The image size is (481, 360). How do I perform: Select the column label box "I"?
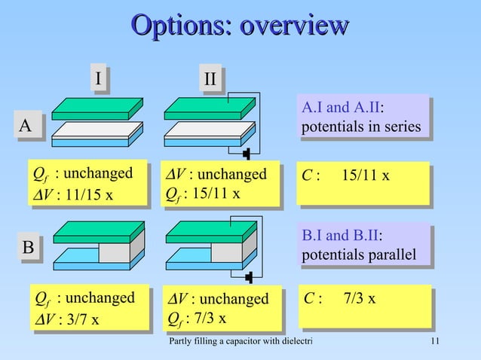click(x=97, y=78)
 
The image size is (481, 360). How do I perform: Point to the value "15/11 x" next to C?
click(x=366, y=175)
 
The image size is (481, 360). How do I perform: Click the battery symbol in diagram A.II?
click(x=247, y=154)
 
